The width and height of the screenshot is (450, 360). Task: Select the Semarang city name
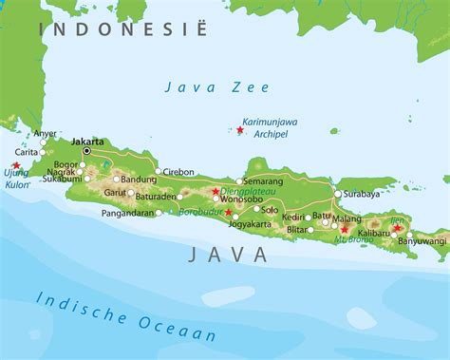263,180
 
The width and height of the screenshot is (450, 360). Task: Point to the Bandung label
140,179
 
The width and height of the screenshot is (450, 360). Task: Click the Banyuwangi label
422,240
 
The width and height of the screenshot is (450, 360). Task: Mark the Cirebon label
178,172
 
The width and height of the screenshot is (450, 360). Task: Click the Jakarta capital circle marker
86,150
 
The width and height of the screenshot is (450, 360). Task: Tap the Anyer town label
45,134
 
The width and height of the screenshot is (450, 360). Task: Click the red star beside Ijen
397,228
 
